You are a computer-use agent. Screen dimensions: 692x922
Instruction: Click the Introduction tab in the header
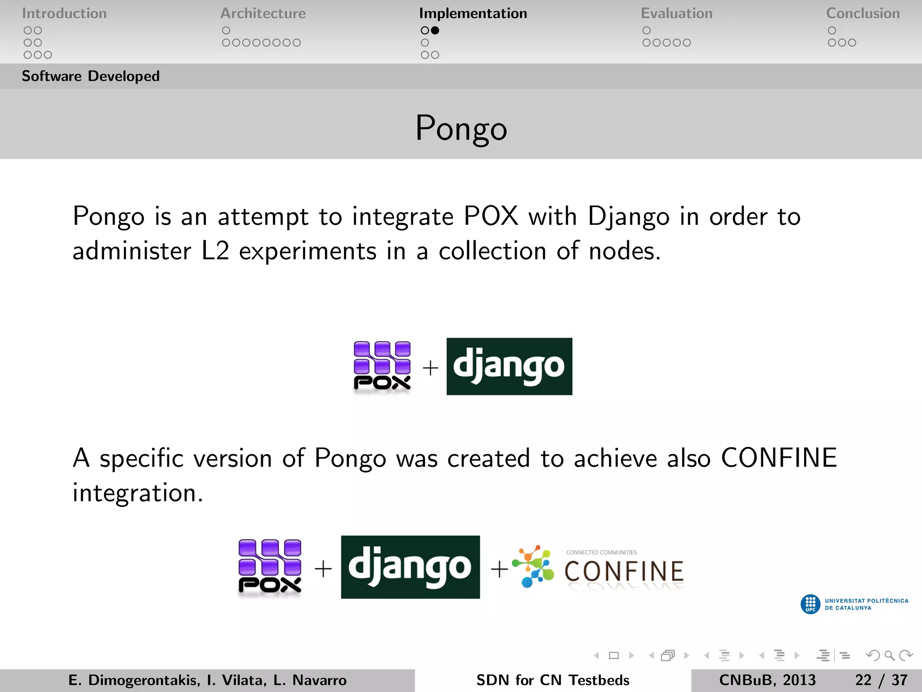click(x=64, y=14)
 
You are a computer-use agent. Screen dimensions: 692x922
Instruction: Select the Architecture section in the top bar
click(x=263, y=14)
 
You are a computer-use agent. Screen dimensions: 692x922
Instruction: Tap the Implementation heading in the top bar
click(x=473, y=14)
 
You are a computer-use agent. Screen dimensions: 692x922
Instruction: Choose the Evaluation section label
click(x=676, y=14)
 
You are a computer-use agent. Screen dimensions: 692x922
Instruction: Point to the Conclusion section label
click(x=863, y=14)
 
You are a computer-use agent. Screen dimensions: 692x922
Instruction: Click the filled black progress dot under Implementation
click(x=435, y=31)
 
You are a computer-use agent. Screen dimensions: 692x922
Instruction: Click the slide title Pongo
click(x=461, y=128)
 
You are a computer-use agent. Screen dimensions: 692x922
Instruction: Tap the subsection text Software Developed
click(x=90, y=76)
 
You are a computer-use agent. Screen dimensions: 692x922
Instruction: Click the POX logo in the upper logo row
click(x=382, y=366)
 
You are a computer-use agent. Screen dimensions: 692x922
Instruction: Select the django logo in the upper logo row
click(x=509, y=366)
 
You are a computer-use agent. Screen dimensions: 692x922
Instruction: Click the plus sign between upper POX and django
click(x=430, y=368)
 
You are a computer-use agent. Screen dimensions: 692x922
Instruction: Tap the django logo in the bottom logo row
click(x=410, y=567)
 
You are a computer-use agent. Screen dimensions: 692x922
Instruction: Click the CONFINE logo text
click(x=624, y=571)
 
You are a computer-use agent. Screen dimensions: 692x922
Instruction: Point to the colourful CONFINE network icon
click(x=534, y=567)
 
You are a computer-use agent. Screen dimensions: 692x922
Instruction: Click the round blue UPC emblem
click(x=810, y=604)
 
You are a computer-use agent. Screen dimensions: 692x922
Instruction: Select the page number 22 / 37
click(x=881, y=680)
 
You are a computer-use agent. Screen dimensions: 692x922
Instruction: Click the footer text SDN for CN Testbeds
click(x=552, y=680)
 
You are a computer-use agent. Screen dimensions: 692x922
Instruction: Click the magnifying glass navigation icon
click(x=889, y=656)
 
